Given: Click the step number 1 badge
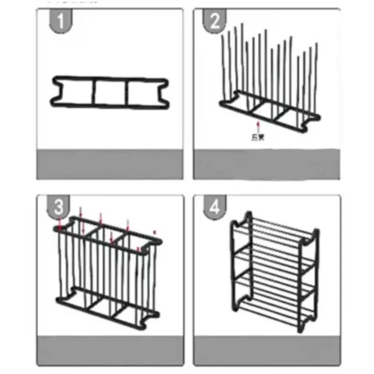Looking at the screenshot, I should point(61,22).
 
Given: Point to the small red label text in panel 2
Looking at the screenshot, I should point(256,137).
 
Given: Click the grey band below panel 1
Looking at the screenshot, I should point(110,165).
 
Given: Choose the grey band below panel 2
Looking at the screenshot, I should point(266,165).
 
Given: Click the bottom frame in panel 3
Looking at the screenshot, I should point(106,304).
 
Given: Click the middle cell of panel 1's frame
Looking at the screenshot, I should point(110,93).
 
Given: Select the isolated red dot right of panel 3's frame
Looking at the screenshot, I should point(154,231).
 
